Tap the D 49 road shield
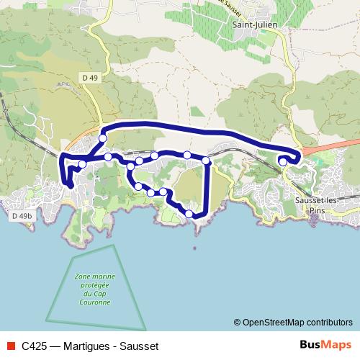click(x=90, y=77)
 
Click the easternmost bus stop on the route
click(x=283, y=162)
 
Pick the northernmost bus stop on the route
click(x=103, y=138)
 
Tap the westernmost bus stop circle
click(x=82, y=164)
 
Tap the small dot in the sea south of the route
click(x=194, y=250)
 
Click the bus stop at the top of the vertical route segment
click(x=206, y=160)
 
